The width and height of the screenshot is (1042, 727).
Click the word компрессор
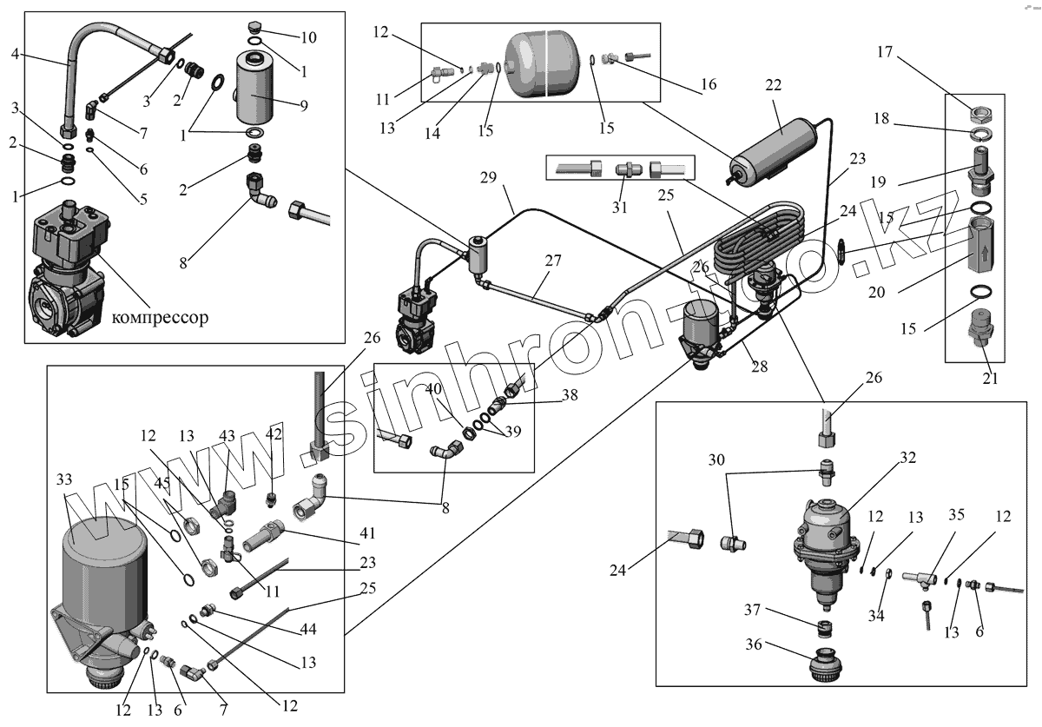point(160,318)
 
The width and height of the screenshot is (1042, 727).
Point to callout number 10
point(310,37)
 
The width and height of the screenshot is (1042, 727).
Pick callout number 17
point(884,52)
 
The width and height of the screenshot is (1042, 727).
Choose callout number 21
point(990,378)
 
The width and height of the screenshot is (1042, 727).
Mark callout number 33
point(64,479)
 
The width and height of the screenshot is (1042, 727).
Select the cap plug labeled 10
point(259,26)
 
